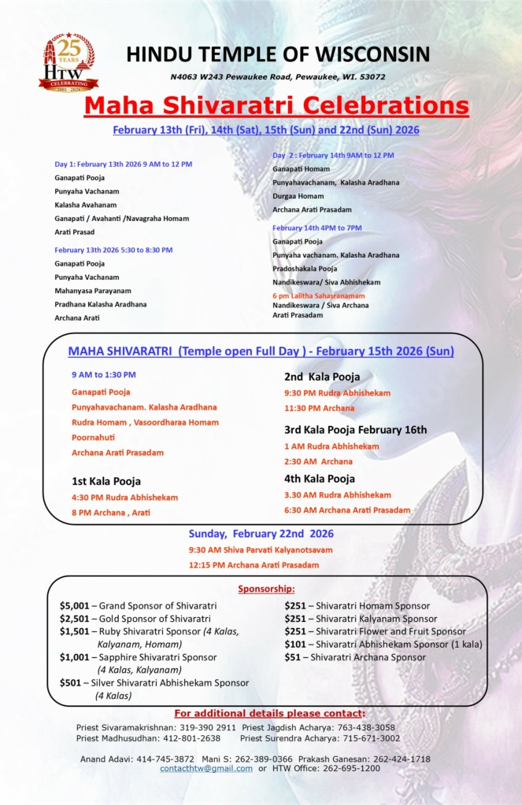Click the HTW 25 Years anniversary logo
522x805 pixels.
(x=68, y=63)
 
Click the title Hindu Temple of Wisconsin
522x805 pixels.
(x=278, y=54)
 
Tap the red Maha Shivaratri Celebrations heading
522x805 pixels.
(x=276, y=105)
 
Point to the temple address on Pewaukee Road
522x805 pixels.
(x=278, y=77)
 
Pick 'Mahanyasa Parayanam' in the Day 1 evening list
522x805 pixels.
(x=93, y=290)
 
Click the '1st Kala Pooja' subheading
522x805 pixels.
(x=106, y=481)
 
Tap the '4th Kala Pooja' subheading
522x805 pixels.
(x=319, y=478)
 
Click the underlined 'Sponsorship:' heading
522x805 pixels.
(x=266, y=589)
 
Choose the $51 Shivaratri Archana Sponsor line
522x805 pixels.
(x=354, y=657)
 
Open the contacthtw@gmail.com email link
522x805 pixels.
(x=205, y=768)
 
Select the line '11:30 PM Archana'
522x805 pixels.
(x=319, y=408)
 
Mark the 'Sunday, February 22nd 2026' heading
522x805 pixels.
(x=260, y=533)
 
